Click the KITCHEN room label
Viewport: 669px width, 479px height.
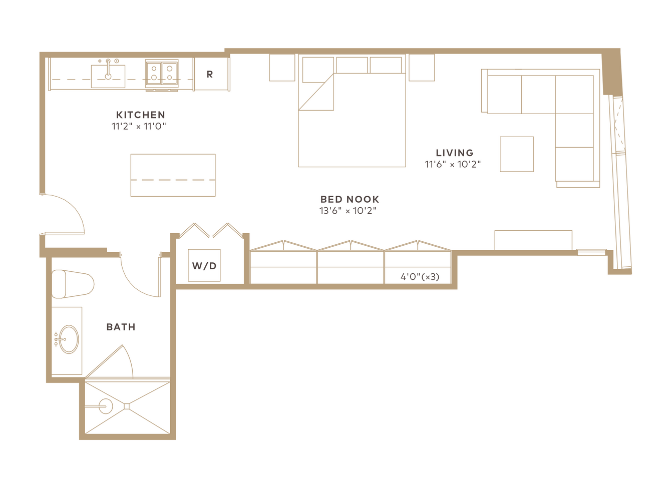pos(140,115)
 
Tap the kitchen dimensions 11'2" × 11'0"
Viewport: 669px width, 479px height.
pos(139,126)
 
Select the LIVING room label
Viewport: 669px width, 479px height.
pos(455,153)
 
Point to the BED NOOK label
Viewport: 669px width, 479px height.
pos(350,199)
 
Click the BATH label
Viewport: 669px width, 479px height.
pos(121,327)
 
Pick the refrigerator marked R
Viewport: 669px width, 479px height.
pos(211,74)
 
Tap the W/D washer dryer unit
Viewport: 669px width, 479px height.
pos(204,265)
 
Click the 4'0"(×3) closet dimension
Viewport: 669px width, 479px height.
pos(420,277)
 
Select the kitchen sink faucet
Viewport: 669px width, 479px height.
pos(108,69)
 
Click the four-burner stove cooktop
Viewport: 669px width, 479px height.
pos(162,74)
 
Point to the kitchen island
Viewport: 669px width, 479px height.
pos(173,175)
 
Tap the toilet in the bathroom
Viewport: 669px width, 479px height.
pos(73,284)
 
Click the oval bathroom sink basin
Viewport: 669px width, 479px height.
pos(69,339)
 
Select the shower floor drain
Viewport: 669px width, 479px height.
pos(127,406)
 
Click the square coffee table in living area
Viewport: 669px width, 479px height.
pos(517,154)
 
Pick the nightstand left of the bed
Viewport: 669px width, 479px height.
pos(282,68)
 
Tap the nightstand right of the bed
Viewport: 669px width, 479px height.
pos(422,68)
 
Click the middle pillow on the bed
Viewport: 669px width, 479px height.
pos(352,65)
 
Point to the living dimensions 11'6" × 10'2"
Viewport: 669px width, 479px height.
pos(453,164)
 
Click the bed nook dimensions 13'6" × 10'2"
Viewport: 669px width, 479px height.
pos(348,211)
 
